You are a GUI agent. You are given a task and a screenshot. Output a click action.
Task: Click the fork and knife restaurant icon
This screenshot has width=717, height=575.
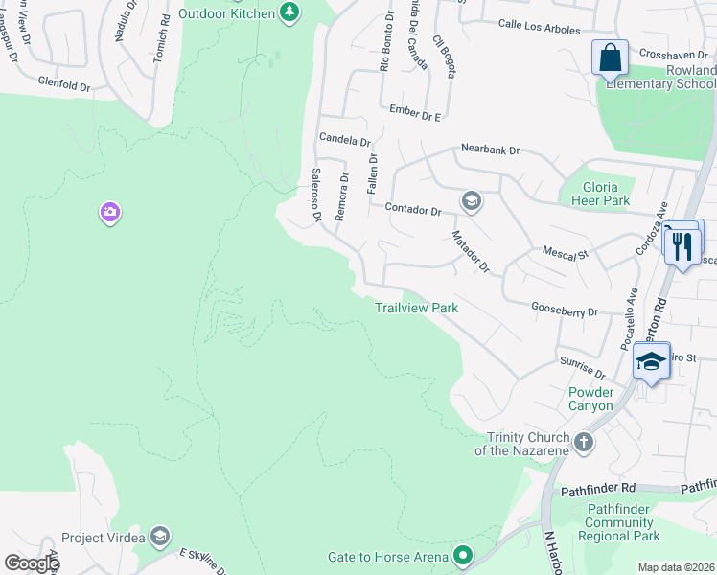tap(682, 245)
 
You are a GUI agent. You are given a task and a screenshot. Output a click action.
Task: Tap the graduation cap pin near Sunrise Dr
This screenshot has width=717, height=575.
tap(651, 361)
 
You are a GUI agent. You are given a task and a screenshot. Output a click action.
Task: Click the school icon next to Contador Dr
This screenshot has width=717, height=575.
tap(470, 200)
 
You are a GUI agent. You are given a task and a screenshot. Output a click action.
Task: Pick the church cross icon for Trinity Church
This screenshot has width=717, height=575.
tap(583, 444)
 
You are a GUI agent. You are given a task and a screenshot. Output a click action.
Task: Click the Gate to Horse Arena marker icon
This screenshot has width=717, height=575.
tap(463, 556)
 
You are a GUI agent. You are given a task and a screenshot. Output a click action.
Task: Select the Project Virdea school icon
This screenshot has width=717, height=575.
tap(160, 537)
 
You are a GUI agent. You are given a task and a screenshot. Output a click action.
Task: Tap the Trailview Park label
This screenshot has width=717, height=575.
tap(416, 308)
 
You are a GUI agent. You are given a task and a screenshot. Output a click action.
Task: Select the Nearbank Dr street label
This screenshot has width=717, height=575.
tap(489, 149)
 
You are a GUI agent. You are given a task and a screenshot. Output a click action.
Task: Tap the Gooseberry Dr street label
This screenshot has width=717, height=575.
tap(564, 310)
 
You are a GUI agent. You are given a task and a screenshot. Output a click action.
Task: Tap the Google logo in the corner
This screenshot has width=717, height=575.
tap(31, 563)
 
